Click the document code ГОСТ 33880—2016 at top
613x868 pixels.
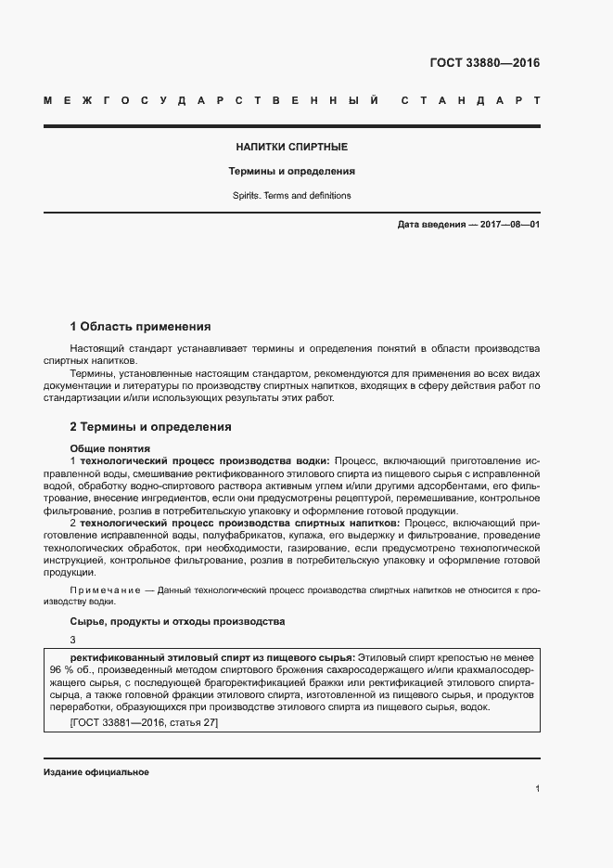click(x=484, y=64)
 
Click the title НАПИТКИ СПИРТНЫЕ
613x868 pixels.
click(x=292, y=147)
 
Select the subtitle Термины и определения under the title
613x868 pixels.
click(x=292, y=172)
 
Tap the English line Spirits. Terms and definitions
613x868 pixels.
click(x=292, y=196)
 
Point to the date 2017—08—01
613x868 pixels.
click(x=508, y=226)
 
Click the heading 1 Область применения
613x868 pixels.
click(x=140, y=327)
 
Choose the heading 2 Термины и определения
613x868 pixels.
click(x=150, y=427)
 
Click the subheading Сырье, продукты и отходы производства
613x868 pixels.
click(x=177, y=620)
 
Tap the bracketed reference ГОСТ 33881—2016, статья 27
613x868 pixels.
click(x=144, y=722)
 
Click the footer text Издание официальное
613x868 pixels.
click(x=96, y=772)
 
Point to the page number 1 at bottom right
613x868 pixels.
click(x=537, y=789)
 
